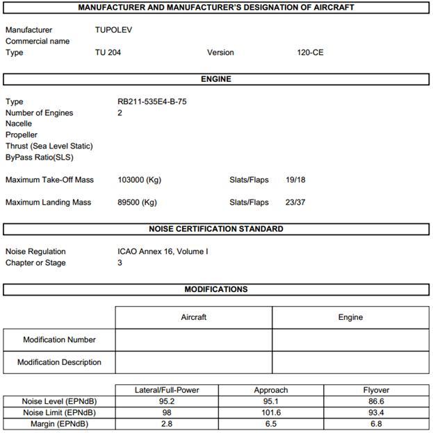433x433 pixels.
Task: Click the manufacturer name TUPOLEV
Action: pyautogui.click(x=113, y=30)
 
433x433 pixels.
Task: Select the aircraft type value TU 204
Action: pyautogui.click(x=108, y=52)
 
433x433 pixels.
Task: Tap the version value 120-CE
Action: pyautogui.click(x=309, y=52)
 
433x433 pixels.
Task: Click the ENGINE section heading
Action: pyautogui.click(x=216, y=79)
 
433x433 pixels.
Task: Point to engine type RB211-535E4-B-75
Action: pyautogui.click(x=152, y=101)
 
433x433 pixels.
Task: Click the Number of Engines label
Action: pyautogui.click(x=39, y=112)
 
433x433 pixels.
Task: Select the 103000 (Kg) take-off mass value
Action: pyautogui.click(x=139, y=180)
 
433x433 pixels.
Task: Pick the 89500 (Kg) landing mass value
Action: pyautogui.click(x=137, y=203)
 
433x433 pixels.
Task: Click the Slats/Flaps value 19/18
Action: pyautogui.click(x=295, y=180)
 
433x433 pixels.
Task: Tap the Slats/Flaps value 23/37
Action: pyautogui.click(x=295, y=203)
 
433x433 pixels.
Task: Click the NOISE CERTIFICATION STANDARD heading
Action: pyautogui.click(x=216, y=229)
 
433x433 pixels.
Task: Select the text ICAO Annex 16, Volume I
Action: pyautogui.click(x=163, y=251)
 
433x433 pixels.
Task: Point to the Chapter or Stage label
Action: pyautogui.click(x=36, y=262)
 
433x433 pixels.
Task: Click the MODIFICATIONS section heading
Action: pyautogui.click(x=216, y=289)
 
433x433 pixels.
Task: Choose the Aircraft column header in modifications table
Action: pyautogui.click(x=193, y=317)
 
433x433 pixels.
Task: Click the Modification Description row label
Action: pyautogui.click(x=59, y=362)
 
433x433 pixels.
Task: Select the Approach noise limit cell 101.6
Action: pyautogui.click(x=271, y=413)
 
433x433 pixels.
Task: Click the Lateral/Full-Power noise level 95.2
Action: pyautogui.click(x=167, y=402)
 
